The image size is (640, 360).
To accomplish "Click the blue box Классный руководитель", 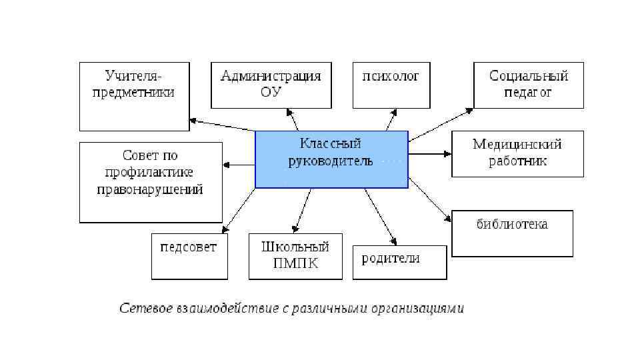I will (x=331, y=159).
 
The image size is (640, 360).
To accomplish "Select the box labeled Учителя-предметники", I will (x=134, y=96).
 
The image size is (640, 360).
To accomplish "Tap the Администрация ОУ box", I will (x=271, y=85).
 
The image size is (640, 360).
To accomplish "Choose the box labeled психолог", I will (x=391, y=85).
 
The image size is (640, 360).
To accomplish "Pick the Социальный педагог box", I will (x=529, y=85).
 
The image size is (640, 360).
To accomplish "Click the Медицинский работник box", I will (x=517, y=153).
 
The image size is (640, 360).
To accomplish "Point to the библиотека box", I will (x=512, y=233).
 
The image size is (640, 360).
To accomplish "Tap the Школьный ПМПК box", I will (x=295, y=256).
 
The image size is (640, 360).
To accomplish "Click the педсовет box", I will (x=189, y=256).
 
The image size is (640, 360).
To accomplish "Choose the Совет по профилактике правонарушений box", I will (x=151, y=182).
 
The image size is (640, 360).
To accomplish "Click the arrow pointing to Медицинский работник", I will (x=430, y=154).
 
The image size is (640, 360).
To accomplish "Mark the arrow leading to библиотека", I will (x=430, y=199).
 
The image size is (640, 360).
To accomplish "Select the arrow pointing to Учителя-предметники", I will (x=222, y=125).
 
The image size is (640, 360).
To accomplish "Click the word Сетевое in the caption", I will (x=147, y=309).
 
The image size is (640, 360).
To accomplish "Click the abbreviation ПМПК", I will (x=295, y=263).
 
